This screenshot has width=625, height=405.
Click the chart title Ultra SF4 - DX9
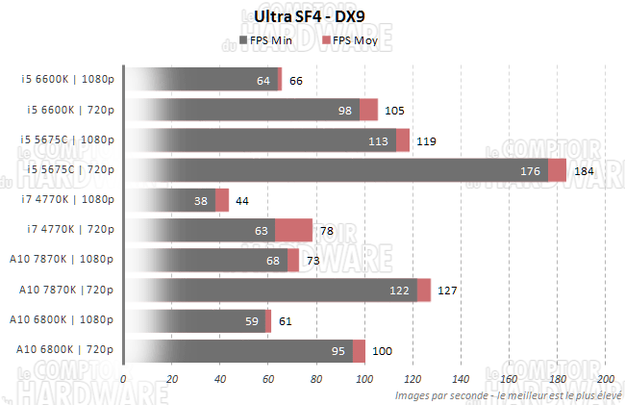(312, 17)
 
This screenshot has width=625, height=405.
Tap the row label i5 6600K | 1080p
(68, 81)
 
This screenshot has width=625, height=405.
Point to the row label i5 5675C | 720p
(68, 170)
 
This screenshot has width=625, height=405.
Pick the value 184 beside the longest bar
(584, 171)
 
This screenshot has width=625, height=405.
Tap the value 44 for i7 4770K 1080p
(241, 201)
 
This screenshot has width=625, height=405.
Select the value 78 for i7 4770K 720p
(327, 231)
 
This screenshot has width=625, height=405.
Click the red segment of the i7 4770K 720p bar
(293, 231)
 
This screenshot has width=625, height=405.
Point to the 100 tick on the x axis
(364, 379)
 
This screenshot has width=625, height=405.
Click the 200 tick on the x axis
(606, 379)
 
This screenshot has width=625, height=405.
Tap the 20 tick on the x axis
(171, 379)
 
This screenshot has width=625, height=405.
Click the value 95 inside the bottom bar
(338, 351)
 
